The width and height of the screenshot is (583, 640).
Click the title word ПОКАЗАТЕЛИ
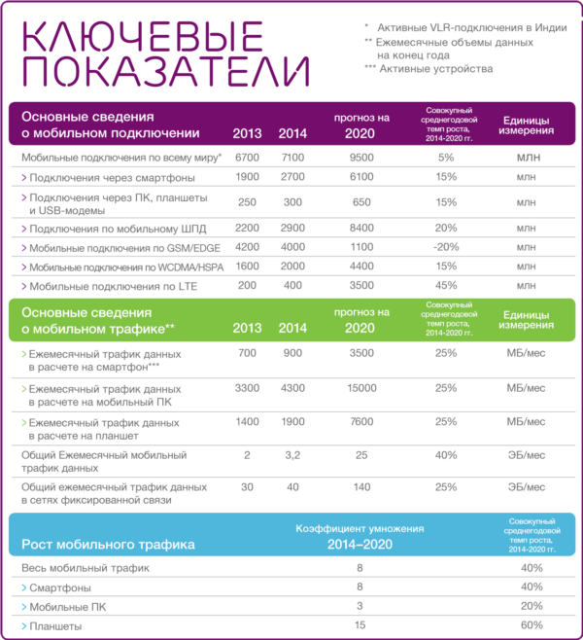[166, 72]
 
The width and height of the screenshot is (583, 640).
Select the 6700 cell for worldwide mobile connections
[247, 157]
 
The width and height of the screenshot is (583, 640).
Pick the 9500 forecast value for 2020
[361, 157]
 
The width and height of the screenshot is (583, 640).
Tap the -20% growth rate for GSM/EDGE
[446, 247]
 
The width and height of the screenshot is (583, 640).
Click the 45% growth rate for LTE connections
[446, 286]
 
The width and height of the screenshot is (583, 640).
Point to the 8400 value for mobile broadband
[361, 228]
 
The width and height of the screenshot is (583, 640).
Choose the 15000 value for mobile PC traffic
[361, 388]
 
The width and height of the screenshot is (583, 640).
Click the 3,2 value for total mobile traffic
[291, 454]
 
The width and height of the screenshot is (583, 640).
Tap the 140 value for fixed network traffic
[361, 486]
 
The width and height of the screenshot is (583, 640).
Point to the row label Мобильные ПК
[64, 606]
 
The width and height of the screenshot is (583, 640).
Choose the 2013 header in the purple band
[247, 132]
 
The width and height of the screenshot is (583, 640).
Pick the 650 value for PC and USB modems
[361, 201]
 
